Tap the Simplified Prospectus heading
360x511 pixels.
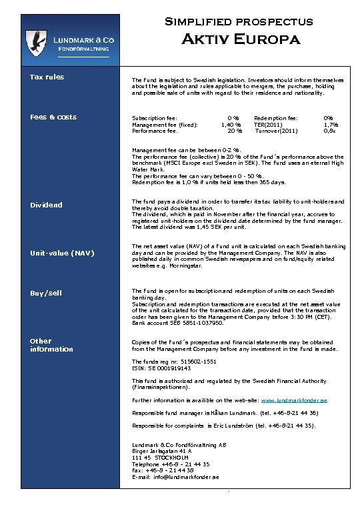click(239, 21)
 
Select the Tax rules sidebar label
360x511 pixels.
click(47, 77)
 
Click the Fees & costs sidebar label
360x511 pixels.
click(53, 117)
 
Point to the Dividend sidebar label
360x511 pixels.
click(46, 205)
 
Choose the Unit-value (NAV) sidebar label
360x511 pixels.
click(61, 253)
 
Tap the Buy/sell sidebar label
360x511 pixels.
click(46, 294)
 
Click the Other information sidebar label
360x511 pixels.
click(51, 345)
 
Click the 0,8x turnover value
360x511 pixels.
click(330, 130)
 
